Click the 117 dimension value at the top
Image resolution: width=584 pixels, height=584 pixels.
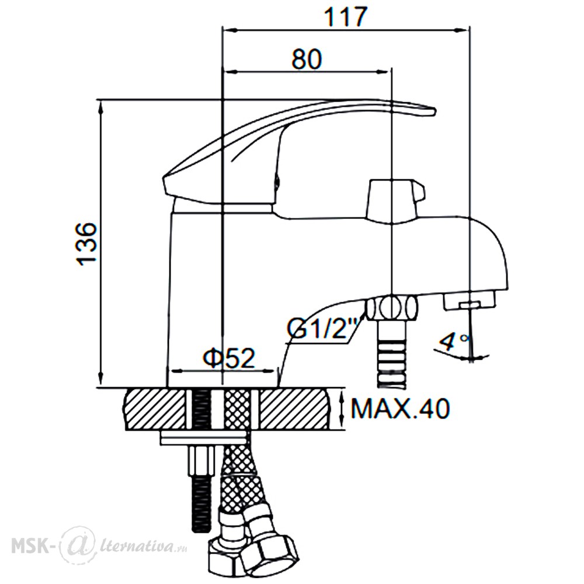[x=346, y=17]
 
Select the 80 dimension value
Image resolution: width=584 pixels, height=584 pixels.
[x=306, y=59]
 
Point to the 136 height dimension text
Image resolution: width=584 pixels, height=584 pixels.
[x=87, y=244]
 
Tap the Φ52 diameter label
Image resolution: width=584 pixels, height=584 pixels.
[x=229, y=358]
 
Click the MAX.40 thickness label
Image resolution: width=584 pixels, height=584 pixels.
[x=401, y=409]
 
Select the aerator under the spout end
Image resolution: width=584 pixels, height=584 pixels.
[x=470, y=301]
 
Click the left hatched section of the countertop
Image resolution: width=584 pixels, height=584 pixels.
[x=155, y=409]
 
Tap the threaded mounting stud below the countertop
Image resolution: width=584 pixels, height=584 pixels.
[x=201, y=502]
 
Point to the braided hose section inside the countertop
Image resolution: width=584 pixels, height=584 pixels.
[x=237, y=409]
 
